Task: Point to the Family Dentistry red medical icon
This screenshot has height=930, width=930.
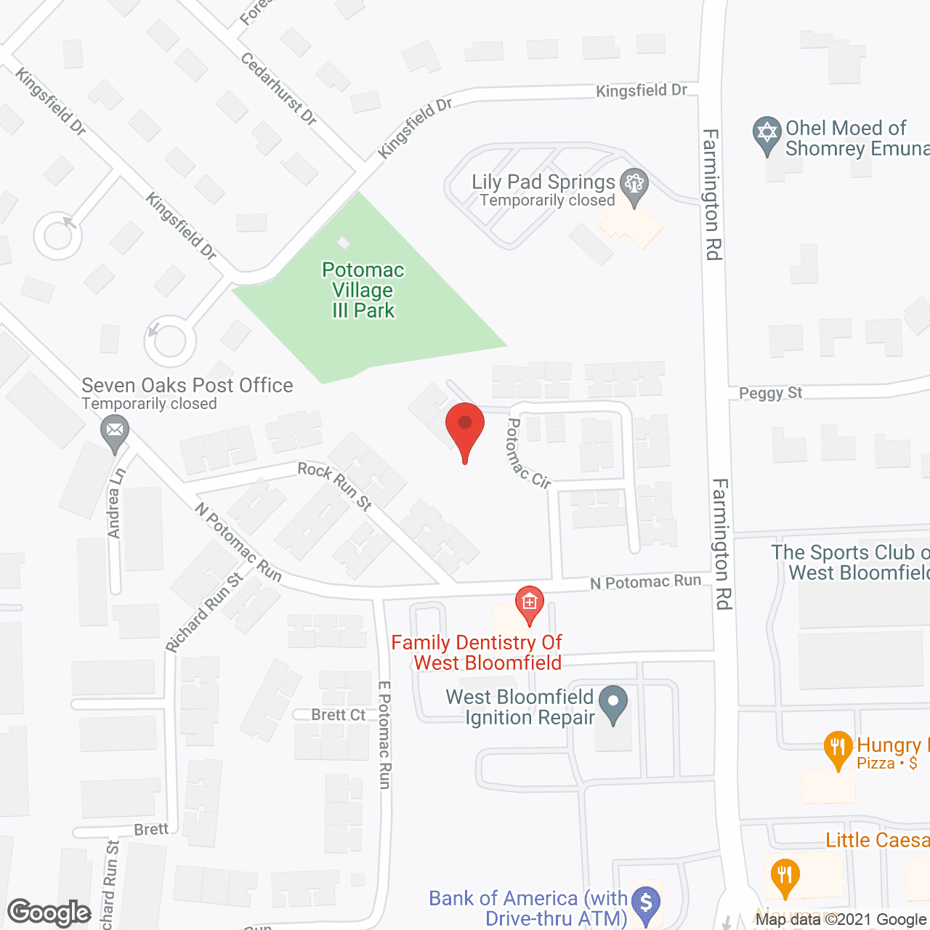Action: tap(529, 603)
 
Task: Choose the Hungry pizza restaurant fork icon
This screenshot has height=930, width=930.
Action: tap(838, 748)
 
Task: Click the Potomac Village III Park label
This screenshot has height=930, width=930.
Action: tap(363, 290)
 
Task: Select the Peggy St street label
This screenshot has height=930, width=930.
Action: tap(770, 393)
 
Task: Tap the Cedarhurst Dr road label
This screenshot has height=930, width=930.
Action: tap(278, 89)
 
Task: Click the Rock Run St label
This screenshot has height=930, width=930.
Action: tap(335, 485)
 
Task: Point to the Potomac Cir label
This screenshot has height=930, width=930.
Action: tap(527, 454)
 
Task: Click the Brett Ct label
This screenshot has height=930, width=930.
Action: tap(338, 715)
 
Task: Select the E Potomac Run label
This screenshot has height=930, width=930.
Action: tap(385, 735)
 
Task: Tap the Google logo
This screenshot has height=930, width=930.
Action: tap(49, 913)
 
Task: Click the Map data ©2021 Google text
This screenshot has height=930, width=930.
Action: tap(841, 920)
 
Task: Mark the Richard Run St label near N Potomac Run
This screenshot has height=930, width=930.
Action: tap(204, 612)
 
